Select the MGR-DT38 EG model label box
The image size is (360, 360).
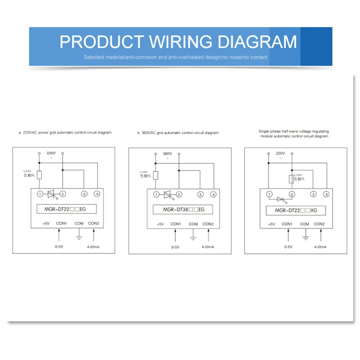(179, 209)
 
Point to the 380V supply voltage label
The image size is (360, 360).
(167, 153)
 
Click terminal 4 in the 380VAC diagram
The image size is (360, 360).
(213, 195)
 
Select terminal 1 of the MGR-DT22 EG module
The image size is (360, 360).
(40, 194)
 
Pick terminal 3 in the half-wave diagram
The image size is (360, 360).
(313, 194)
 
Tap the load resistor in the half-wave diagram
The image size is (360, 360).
(291, 180)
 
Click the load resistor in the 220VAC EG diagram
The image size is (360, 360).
(40, 175)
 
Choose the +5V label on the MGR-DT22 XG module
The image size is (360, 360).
(271, 224)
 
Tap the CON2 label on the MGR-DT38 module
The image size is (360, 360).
(208, 224)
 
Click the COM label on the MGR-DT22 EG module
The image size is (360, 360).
(79, 223)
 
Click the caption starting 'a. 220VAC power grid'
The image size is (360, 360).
(65, 133)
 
